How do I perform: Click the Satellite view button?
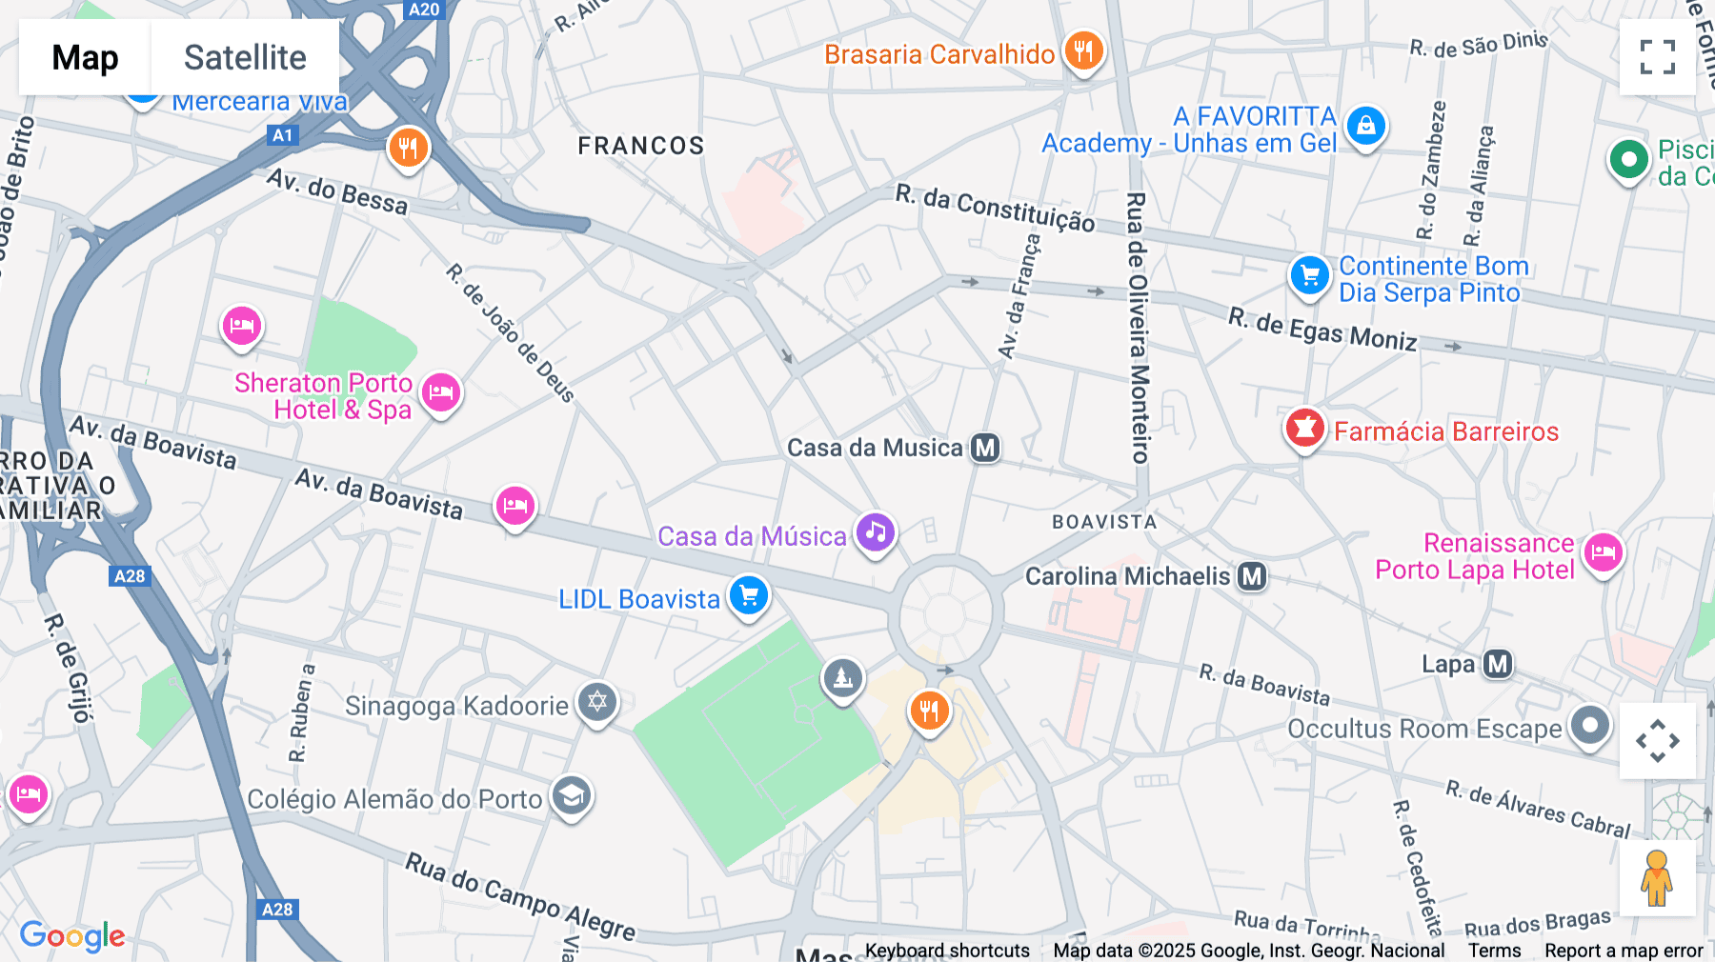click(245, 57)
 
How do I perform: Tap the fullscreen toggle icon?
click(1657, 57)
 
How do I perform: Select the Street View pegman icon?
click(1657, 878)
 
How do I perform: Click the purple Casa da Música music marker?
click(876, 532)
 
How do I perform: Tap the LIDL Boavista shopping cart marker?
click(749, 595)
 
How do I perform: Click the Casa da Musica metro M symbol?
click(985, 448)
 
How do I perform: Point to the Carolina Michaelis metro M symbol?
click(1252, 576)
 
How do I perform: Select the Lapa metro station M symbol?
click(1498, 664)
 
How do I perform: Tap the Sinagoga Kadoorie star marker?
click(597, 703)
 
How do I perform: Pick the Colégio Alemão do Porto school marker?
click(572, 795)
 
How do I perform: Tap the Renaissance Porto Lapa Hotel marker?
click(1604, 551)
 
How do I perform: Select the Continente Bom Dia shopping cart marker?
click(1310, 275)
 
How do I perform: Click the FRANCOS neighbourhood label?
click(641, 146)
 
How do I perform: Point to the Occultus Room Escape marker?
click(1589, 725)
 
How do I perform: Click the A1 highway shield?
click(282, 135)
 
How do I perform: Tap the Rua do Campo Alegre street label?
click(520, 896)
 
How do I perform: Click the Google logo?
click(72, 935)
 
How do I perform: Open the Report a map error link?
click(1624, 951)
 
